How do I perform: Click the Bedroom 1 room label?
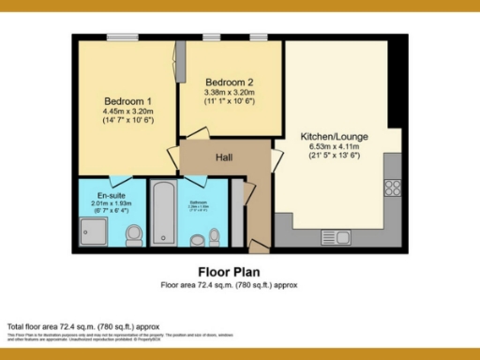127,101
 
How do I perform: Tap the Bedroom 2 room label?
230,82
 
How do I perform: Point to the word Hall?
224,157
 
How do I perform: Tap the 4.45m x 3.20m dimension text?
127,111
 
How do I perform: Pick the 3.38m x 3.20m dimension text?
230,92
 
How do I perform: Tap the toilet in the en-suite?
134,233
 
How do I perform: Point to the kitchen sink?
335,237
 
